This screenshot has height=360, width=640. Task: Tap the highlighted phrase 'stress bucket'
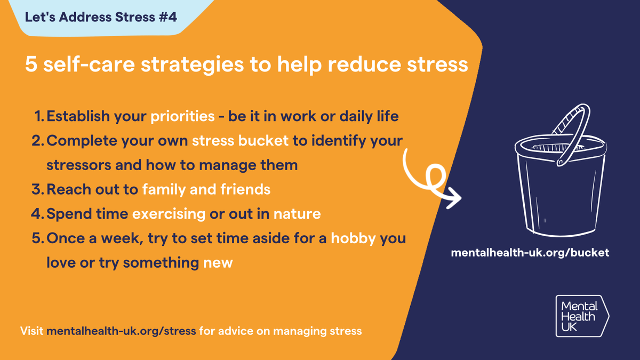(x=239, y=141)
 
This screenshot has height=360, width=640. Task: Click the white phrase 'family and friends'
(x=206, y=189)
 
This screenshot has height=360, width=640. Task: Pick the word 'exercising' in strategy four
(x=169, y=214)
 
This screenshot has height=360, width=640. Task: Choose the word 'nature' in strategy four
(x=297, y=214)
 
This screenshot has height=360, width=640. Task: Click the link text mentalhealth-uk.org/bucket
(x=530, y=253)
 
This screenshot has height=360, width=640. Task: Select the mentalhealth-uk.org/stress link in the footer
(x=122, y=331)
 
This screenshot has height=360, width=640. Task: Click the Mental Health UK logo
(x=581, y=316)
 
